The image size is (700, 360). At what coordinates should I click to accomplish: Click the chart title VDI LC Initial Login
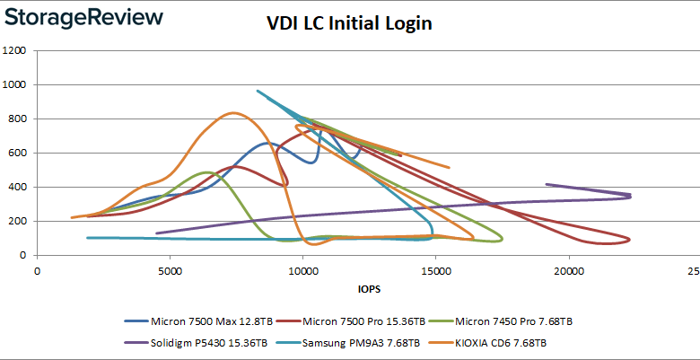click(x=350, y=23)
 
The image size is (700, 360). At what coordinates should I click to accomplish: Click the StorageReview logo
click(x=85, y=18)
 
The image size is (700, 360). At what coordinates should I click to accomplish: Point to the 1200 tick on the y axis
click(x=15, y=51)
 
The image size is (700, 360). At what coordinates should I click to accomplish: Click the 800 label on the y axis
click(x=18, y=119)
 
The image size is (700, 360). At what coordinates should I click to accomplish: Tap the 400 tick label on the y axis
click(x=18, y=188)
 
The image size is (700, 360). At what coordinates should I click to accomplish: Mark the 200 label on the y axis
click(x=18, y=222)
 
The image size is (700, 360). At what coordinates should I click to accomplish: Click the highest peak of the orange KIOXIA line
click(x=233, y=113)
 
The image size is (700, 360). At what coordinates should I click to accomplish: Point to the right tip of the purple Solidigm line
click(x=630, y=195)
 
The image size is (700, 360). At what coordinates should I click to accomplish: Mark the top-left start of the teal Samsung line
click(x=258, y=91)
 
